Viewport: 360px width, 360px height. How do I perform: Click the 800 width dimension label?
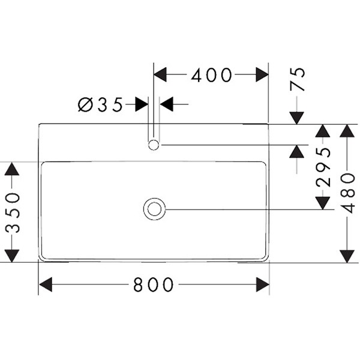tap(154, 284)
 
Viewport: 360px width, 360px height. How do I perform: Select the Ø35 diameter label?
tap(101, 105)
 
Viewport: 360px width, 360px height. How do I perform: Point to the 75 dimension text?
tap(298, 79)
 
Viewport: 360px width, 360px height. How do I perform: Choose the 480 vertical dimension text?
tap(348, 193)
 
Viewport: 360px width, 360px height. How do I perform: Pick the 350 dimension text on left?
tap(11, 212)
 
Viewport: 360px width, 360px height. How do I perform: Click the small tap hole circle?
tap(154, 145)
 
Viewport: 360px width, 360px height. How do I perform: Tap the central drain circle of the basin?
tap(154, 209)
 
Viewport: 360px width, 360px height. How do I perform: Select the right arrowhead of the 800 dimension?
tap(262, 284)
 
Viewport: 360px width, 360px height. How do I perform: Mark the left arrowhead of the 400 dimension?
tap(161, 74)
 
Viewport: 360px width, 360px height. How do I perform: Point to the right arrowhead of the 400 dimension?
tap(262, 74)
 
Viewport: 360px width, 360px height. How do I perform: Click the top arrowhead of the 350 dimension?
tap(11, 169)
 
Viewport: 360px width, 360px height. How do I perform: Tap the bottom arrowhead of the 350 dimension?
tap(11, 256)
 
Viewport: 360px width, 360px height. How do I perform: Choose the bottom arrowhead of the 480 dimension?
tap(348, 256)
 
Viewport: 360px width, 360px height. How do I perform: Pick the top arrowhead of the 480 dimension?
tap(348, 131)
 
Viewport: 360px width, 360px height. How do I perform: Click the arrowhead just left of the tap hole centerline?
tap(142, 105)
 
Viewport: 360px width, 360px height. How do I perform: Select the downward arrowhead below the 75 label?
tap(297, 117)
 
